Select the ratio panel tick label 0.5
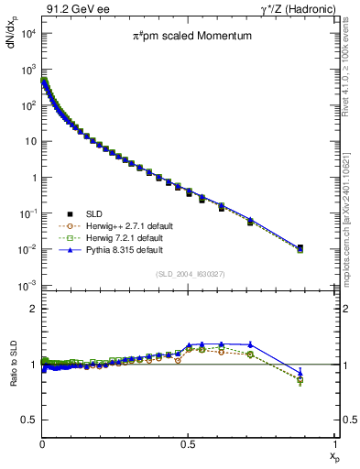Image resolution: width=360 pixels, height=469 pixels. [29, 420]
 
